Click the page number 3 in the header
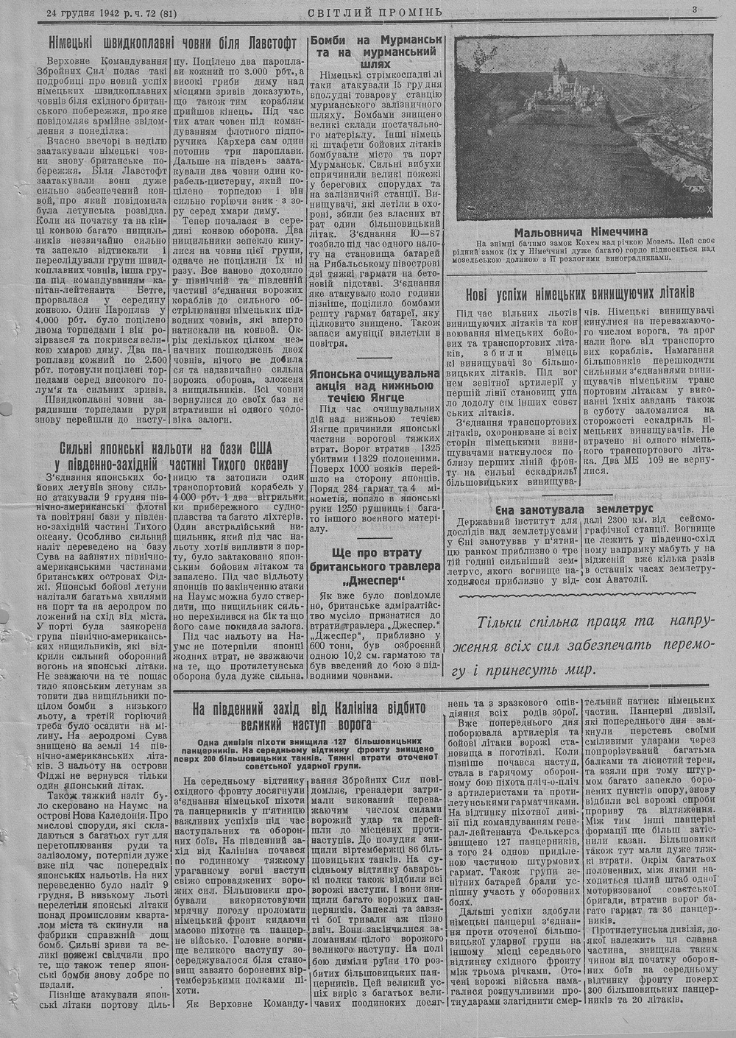coord(694,10)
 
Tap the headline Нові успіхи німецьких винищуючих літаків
coord(581,293)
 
